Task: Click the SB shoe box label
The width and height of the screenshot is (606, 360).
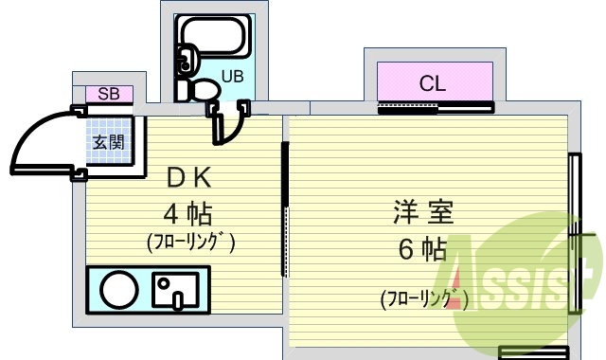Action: point(109,94)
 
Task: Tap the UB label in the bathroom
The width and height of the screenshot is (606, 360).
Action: point(232,77)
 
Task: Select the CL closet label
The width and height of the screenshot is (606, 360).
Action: point(433,84)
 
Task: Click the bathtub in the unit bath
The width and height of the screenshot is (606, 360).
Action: point(213,40)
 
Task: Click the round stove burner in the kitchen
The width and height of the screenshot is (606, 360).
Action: point(119,290)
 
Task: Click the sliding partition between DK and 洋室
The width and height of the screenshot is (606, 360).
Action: point(283,208)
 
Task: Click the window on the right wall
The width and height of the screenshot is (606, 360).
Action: point(573,232)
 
